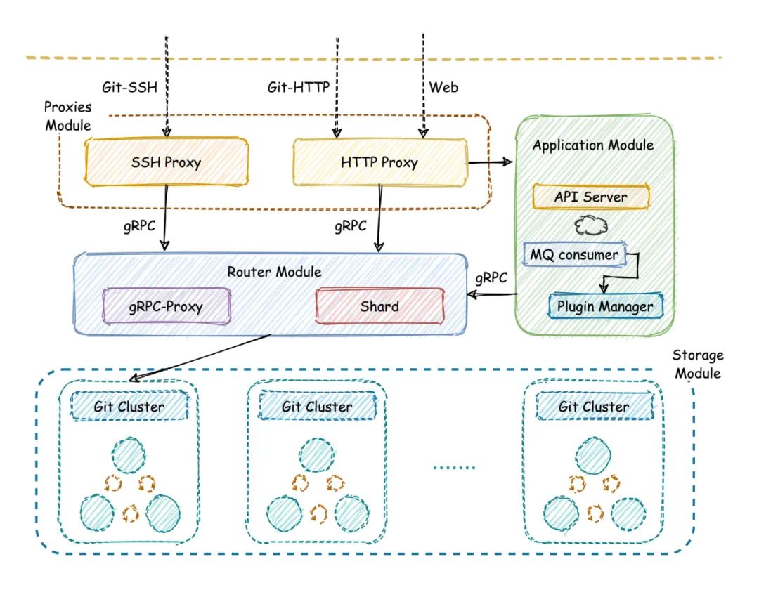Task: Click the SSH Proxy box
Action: tap(166, 162)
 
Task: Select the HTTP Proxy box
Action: tap(380, 162)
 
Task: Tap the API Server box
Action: tap(591, 197)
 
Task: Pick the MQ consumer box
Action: tap(575, 254)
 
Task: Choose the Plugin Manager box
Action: tap(605, 306)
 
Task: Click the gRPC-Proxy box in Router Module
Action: tap(166, 306)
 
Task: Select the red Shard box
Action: tap(380, 306)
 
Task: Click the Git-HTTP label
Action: tap(299, 87)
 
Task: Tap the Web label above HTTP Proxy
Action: tap(443, 87)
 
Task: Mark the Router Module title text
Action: tap(271, 270)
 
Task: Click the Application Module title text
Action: tap(593, 145)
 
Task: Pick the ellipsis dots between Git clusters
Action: tap(454, 466)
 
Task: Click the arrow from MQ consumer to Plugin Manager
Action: tap(625, 270)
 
